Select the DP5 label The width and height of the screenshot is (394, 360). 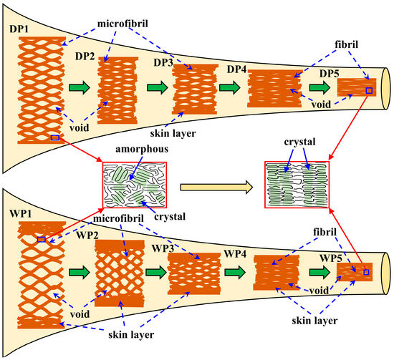pos(328,74)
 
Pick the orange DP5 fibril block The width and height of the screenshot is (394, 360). pos(355,88)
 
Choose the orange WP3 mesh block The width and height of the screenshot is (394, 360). pos(191,275)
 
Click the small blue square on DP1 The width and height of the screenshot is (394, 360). pos(55,136)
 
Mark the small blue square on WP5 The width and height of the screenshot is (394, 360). pos(365,272)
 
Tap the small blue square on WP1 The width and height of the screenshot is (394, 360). pos(41,239)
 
